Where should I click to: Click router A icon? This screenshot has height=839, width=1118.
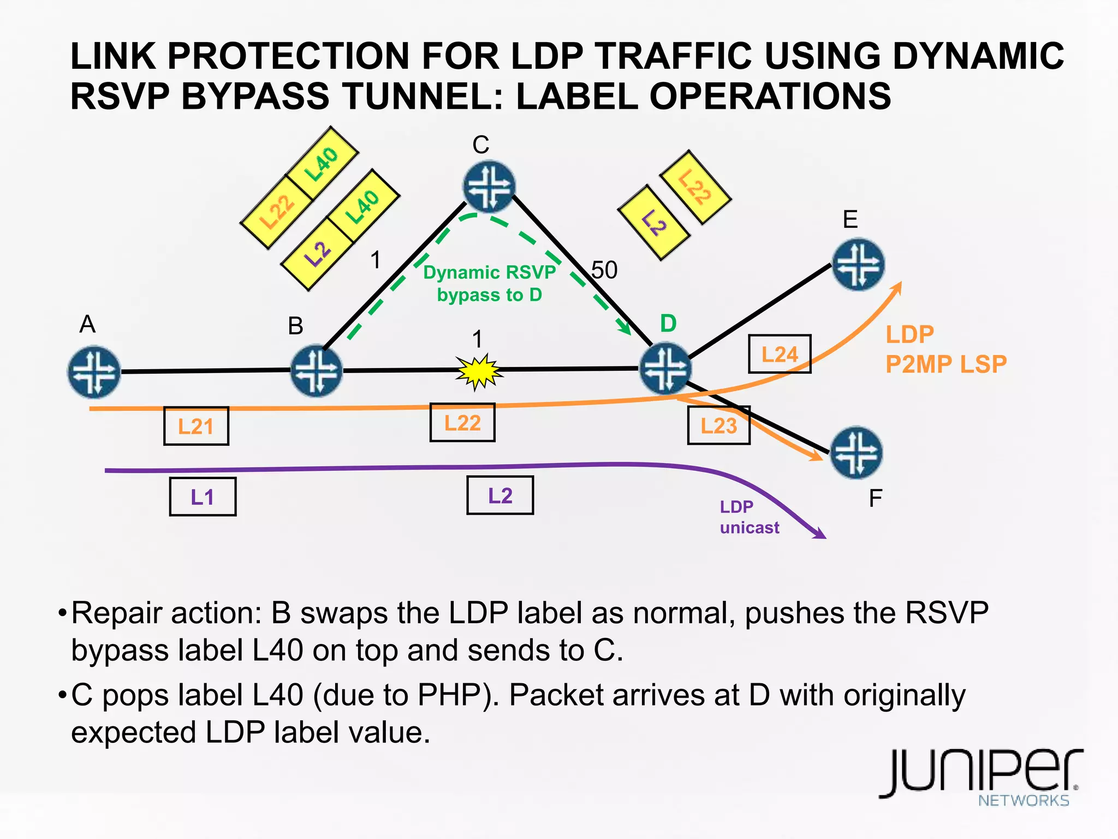pyautogui.click(x=94, y=371)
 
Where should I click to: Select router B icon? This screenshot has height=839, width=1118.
pyautogui.click(x=316, y=370)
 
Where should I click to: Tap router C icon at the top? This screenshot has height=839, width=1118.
pyautogui.click(x=489, y=186)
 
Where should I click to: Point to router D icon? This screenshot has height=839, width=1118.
pyautogui.click(x=665, y=368)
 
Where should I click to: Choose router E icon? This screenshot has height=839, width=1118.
pyautogui.click(x=858, y=264)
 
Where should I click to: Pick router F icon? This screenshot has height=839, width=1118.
pyautogui.click(x=856, y=452)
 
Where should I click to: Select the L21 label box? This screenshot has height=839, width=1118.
pyautogui.click(x=196, y=426)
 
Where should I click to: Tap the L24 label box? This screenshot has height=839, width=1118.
pyautogui.click(x=780, y=354)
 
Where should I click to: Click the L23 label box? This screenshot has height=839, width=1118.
pyautogui.click(x=718, y=426)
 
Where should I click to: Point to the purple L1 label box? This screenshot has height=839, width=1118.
pyautogui.click(x=203, y=497)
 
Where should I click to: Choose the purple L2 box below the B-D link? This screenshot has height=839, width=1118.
pyautogui.click(x=500, y=495)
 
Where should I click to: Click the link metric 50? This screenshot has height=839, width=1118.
pyautogui.click(x=604, y=270)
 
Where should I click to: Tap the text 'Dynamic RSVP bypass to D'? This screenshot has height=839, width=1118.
pyautogui.click(x=489, y=283)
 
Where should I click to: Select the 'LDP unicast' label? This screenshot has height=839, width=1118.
pyautogui.click(x=749, y=517)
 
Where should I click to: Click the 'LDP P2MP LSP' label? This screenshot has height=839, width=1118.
pyautogui.click(x=945, y=349)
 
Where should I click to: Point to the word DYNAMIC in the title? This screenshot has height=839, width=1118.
pyautogui.click(x=978, y=56)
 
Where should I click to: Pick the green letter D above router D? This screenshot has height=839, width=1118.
pyautogui.click(x=668, y=323)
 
